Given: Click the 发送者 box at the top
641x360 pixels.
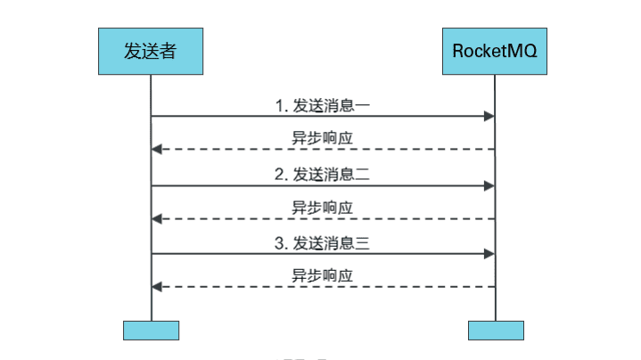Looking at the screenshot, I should pyautogui.click(x=150, y=51).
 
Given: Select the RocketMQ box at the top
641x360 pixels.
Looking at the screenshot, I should pyautogui.click(x=495, y=51).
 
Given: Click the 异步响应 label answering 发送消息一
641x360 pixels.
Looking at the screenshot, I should pyautogui.click(x=322, y=138).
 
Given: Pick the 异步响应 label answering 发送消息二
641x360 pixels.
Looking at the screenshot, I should pyautogui.click(x=322, y=207).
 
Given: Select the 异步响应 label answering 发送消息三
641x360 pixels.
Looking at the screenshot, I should pyautogui.click(x=322, y=275).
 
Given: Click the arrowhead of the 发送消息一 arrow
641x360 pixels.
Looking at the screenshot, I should pyautogui.click(x=489, y=117).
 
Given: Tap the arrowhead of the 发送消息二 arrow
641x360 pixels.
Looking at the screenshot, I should pyautogui.click(x=489, y=185).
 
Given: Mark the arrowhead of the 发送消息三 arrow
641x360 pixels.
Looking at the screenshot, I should pyautogui.click(x=489, y=254).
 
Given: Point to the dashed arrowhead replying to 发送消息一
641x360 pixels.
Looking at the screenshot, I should pyautogui.click(x=157, y=150).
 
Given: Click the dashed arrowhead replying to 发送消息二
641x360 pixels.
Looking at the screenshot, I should pyautogui.click(x=157, y=218).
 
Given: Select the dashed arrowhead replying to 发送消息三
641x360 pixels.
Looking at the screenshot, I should pyautogui.click(x=157, y=287).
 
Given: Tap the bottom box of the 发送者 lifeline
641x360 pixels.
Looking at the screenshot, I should pyautogui.click(x=151, y=330).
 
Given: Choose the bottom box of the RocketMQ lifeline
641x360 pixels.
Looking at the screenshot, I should pyautogui.click(x=496, y=330).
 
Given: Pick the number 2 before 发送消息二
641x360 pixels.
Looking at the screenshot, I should pyautogui.click(x=279, y=175).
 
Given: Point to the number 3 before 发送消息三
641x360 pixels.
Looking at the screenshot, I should pyautogui.click(x=279, y=243).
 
